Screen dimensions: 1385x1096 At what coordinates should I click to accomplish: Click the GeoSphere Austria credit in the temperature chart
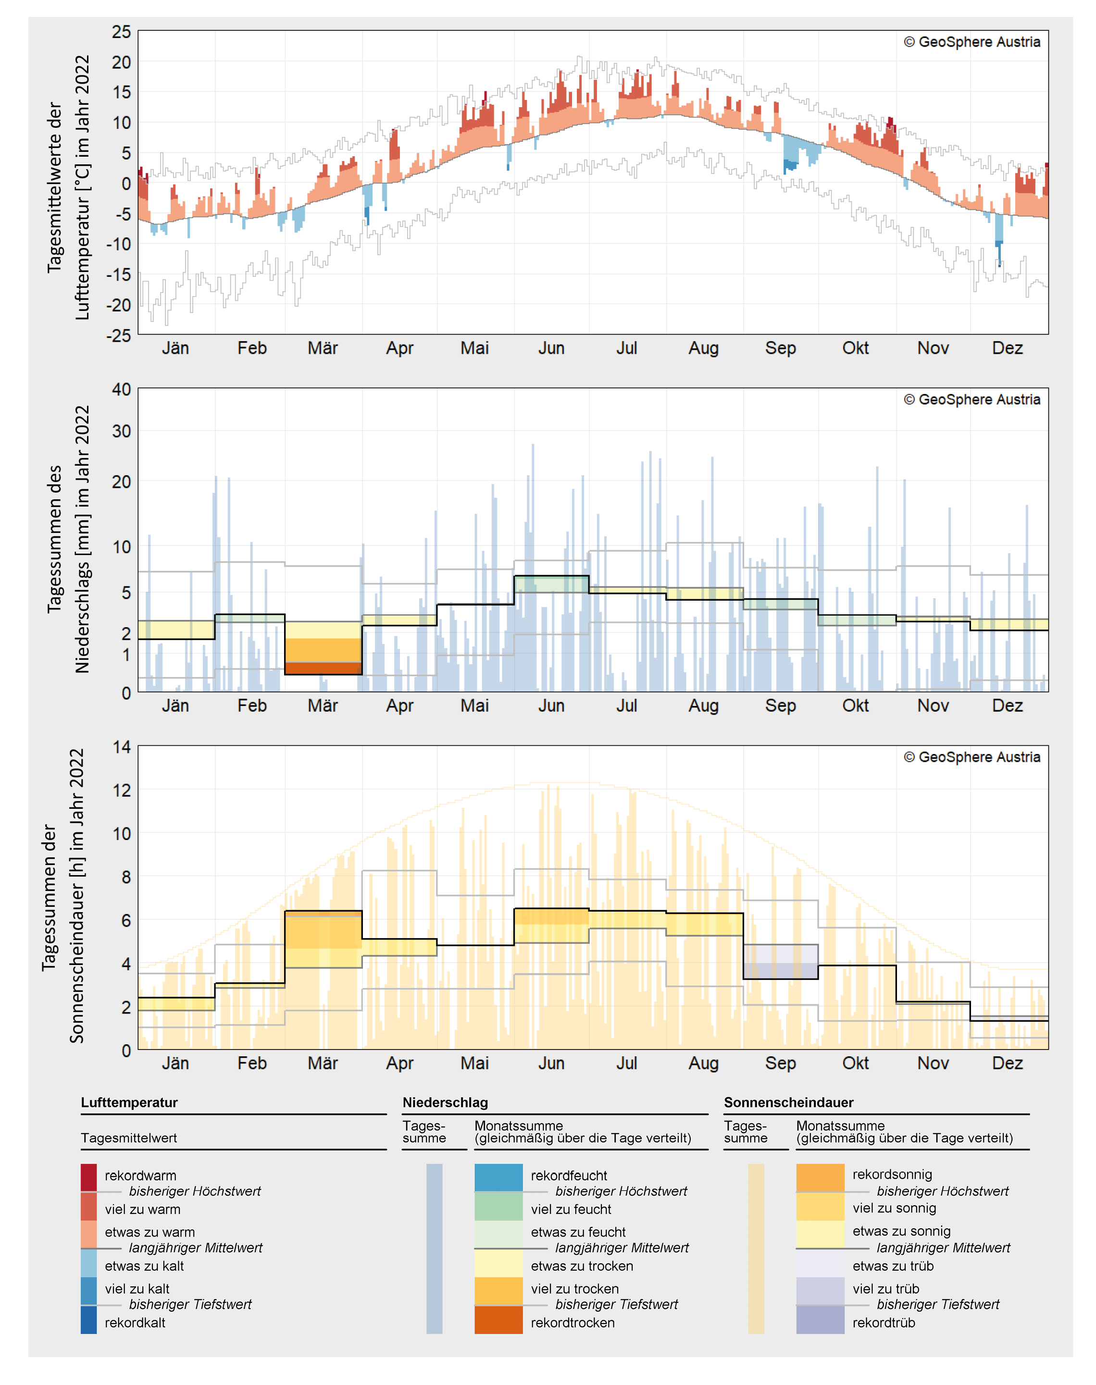pyautogui.click(x=971, y=42)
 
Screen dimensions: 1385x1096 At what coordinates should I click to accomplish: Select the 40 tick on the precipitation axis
pyautogui.click(x=121, y=389)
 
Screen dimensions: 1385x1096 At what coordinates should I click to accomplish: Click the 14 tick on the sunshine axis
pyautogui.click(x=121, y=747)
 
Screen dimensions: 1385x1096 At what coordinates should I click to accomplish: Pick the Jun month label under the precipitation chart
pyautogui.click(x=551, y=705)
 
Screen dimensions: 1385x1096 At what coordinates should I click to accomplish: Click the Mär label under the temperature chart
pyautogui.click(x=323, y=348)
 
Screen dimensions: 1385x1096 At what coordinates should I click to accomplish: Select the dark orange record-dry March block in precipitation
pyautogui.click(x=323, y=668)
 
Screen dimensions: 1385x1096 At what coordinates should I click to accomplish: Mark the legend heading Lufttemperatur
pyautogui.click(x=129, y=1102)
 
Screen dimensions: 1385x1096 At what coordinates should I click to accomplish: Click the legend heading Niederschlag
pyautogui.click(x=445, y=1102)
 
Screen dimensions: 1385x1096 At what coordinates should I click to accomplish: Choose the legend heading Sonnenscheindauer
pyautogui.click(x=789, y=1102)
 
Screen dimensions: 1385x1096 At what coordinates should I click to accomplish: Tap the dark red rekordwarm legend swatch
pyautogui.click(x=88, y=1178)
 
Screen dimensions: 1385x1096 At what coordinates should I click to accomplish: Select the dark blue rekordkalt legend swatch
pyautogui.click(x=88, y=1320)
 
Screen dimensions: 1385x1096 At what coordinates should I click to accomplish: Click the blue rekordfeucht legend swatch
pyautogui.click(x=498, y=1178)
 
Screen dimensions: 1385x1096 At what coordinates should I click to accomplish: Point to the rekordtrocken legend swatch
pyautogui.click(x=498, y=1320)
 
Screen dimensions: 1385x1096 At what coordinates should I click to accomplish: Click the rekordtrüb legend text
pyautogui.click(x=884, y=1323)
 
